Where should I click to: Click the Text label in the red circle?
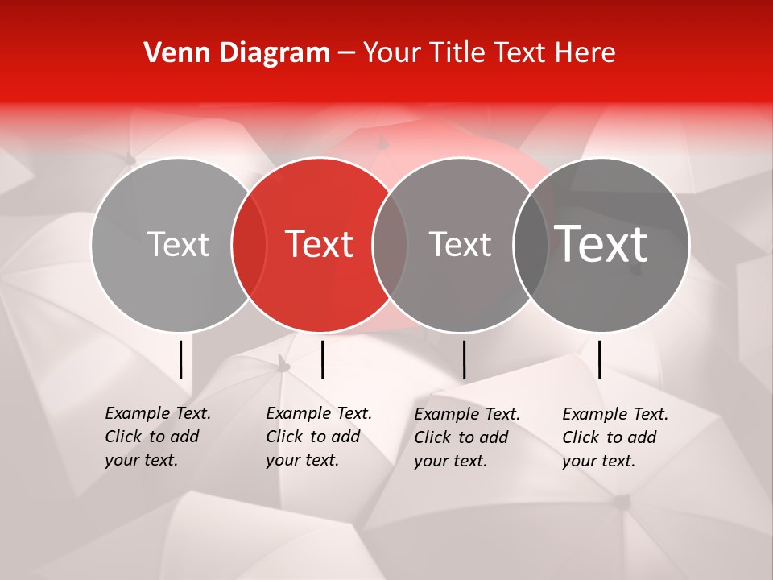[x=320, y=244]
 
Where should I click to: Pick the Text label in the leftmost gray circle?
[x=178, y=244]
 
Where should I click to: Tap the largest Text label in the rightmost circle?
[x=601, y=243]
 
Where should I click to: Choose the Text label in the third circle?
[x=460, y=244]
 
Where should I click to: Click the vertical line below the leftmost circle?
[x=181, y=359]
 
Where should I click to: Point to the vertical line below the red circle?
[x=322, y=359]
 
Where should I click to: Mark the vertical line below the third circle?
[x=465, y=359]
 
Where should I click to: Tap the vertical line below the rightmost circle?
[x=600, y=359]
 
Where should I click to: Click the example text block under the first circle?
[x=157, y=437]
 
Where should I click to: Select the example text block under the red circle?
[x=318, y=437]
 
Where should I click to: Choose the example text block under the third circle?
[x=466, y=437]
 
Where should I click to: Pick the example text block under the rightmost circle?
[x=614, y=437]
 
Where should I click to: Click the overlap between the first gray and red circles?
[x=249, y=244]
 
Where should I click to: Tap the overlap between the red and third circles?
[x=390, y=244]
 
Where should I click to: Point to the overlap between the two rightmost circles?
[x=531, y=244]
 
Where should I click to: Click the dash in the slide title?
[x=346, y=53]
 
